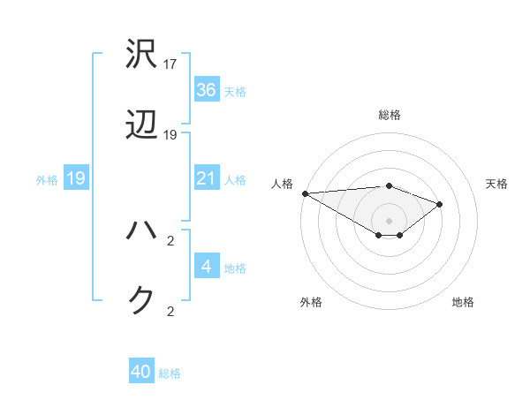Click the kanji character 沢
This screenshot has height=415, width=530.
coord(142,54)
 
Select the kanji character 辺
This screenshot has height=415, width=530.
coord(142,127)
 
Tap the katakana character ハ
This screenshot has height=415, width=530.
coord(142,230)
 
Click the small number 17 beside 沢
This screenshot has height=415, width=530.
coord(170,64)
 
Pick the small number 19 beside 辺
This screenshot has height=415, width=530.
coord(170,136)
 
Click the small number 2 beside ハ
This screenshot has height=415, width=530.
coord(170,239)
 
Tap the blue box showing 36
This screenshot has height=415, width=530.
coord(206,90)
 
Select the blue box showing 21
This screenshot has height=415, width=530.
coord(206,179)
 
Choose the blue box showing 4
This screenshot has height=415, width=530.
coord(206,268)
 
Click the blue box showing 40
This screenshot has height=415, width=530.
coord(141,373)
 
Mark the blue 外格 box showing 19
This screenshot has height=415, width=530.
coord(76,179)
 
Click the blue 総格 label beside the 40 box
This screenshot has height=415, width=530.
coord(170,373)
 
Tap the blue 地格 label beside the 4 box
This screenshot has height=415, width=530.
coord(235,268)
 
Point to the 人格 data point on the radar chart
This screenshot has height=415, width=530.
coord(304,193)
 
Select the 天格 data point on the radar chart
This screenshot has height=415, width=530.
coord(439,204)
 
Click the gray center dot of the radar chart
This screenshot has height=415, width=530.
coord(389,220)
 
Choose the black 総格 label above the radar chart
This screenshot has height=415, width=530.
coord(389,115)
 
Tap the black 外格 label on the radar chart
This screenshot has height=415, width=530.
coord(311,302)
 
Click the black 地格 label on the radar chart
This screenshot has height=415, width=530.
coord(463,302)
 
